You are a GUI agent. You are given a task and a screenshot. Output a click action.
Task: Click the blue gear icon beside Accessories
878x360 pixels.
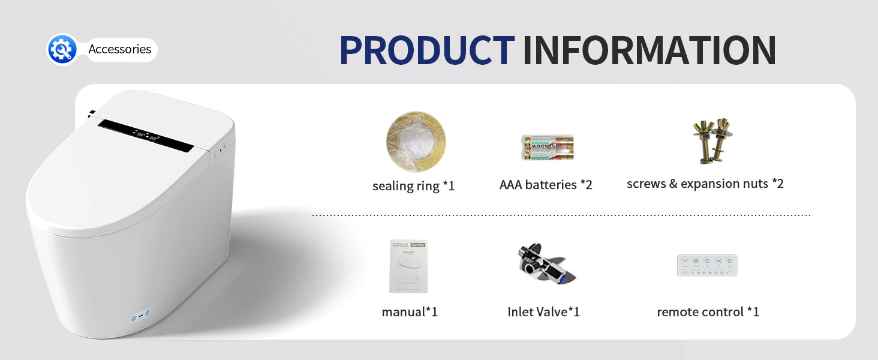click(x=62, y=49)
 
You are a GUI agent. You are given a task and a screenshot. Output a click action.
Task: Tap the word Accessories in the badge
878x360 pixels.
click(x=119, y=49)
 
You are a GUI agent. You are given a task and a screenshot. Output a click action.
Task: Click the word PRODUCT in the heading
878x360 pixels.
click(x=426, y=50)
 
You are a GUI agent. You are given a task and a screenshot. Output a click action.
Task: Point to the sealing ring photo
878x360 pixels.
click(x=416, y=142)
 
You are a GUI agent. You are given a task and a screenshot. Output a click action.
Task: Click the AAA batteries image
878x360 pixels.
click(x=547, y=147)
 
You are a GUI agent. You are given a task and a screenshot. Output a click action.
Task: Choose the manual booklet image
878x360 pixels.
click(x=408, y=266)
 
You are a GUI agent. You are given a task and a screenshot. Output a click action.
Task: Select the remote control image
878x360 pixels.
click(x=707, y=265)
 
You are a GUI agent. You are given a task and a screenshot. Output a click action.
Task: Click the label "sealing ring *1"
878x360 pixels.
click(x=413, y=186)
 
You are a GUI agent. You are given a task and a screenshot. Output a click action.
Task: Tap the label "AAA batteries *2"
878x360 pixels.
click(x=546, y=185)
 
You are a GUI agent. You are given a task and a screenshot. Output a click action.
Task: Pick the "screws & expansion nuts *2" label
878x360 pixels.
click(x=705, y=184)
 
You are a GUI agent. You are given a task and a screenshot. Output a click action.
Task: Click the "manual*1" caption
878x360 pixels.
click(x=410, y=312)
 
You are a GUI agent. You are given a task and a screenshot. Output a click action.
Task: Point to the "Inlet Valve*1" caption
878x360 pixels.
click(x=543, y=312)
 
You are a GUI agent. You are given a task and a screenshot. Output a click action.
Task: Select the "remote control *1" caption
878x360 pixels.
click(x=708, y=312)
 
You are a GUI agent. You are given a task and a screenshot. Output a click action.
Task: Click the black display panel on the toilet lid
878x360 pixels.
click(x=146, y=135)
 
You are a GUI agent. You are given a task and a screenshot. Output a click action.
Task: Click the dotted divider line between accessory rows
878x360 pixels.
click(x=561, y=215)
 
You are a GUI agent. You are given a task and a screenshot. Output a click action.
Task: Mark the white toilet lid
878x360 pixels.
click(x=120, y=180)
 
